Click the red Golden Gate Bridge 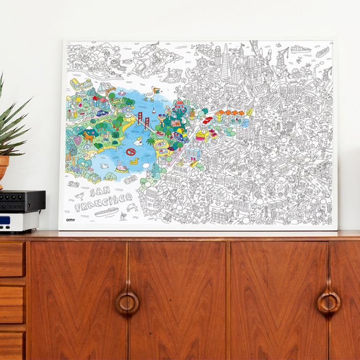click(x=143, y=122)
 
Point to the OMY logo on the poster click(x=70, y=220)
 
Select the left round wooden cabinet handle click(x=127, y=302)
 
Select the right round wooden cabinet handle click(x=329, y=302)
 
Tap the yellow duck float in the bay click(x=134, y=161)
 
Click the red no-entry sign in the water click(x=131, y=152)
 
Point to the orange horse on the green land click(x=89, y=136)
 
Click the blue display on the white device click(x=6, y=220)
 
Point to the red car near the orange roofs click(x=207, y=120)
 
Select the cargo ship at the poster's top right click(x=301, y=49)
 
